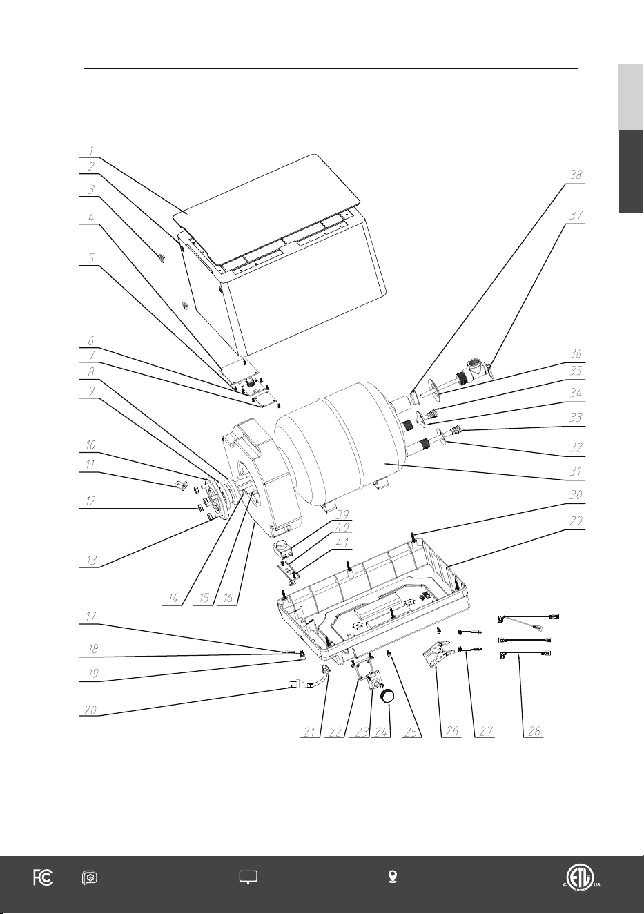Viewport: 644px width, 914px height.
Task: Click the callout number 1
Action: click(91, 151)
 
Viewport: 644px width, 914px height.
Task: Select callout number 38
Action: click(576, 175)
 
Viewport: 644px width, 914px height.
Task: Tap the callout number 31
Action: click(576, 471)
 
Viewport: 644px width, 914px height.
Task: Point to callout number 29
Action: click(576, 521)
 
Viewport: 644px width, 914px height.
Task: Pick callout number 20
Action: click(90, 710)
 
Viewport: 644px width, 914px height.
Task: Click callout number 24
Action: click(380, 732)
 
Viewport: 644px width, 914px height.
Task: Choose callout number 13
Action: click(91, 561)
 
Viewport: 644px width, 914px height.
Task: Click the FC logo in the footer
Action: click(43, 877)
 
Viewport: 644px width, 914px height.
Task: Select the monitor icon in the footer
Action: click(248, 877)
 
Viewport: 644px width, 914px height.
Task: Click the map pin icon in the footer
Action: click(393, 877)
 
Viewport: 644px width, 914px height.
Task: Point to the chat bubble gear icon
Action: click(89, 877)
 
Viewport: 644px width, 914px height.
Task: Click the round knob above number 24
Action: click(388, 695)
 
